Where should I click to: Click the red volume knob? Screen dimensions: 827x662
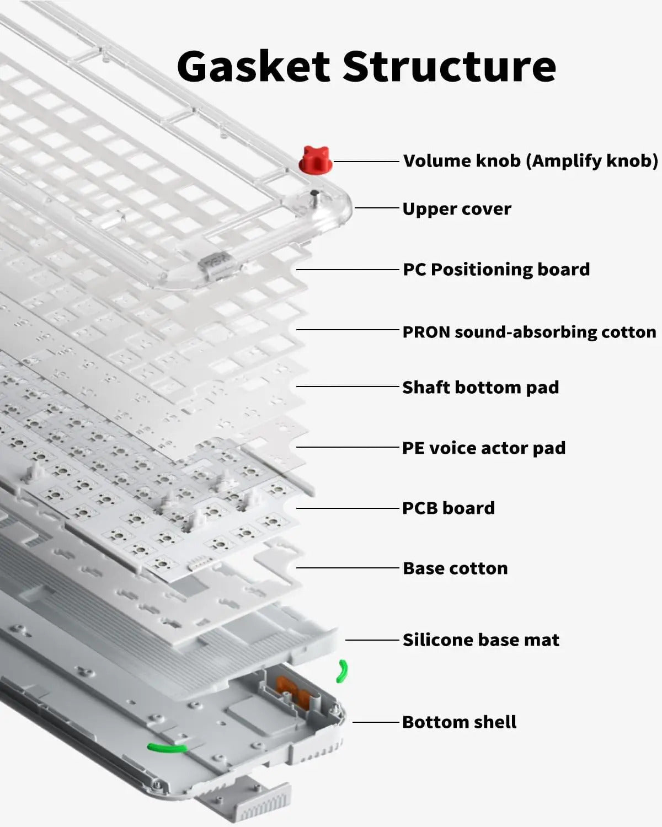[316, 160]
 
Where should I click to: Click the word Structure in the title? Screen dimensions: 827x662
[449, 66]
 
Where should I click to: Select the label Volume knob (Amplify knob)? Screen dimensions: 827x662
[530, 161]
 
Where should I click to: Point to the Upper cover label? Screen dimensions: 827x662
[456, 209]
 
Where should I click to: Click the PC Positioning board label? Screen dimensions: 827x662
[496, 270]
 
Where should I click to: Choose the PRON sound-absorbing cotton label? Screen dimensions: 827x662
[529, 332]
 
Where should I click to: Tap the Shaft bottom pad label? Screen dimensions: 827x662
[481, 387]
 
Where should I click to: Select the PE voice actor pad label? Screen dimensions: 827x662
[484, 448]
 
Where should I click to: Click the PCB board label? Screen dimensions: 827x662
[449, 508]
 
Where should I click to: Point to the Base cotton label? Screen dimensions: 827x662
[455, 568]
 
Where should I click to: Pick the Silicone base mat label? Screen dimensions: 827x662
[481, 640]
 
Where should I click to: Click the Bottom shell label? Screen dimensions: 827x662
[459, 722]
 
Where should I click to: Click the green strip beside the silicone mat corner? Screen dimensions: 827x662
[343, 671]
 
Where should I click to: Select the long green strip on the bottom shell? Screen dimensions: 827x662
[167, 748]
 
